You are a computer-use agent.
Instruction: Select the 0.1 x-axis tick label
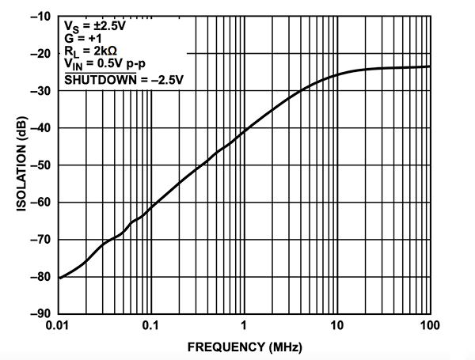(x=151, y=326)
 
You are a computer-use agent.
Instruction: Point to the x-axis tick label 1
(x=245, y=326)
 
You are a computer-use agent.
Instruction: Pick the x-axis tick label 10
(x=337, y=326)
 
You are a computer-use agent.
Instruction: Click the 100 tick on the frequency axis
(x=428, y=326)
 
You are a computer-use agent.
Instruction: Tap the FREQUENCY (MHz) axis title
(x=244, y=347)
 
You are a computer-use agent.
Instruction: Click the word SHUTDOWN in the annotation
(x=92, y=80)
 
